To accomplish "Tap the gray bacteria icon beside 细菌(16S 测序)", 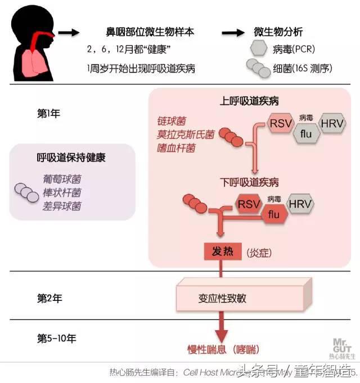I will tap(258, 69).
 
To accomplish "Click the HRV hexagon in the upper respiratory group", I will tap(332, 123).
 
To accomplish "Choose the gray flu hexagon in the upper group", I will tap(307, 134).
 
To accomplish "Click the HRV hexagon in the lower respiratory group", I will tap(300, 203).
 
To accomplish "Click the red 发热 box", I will tap(222, 252).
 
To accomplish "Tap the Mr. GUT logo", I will tap(342, 346).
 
